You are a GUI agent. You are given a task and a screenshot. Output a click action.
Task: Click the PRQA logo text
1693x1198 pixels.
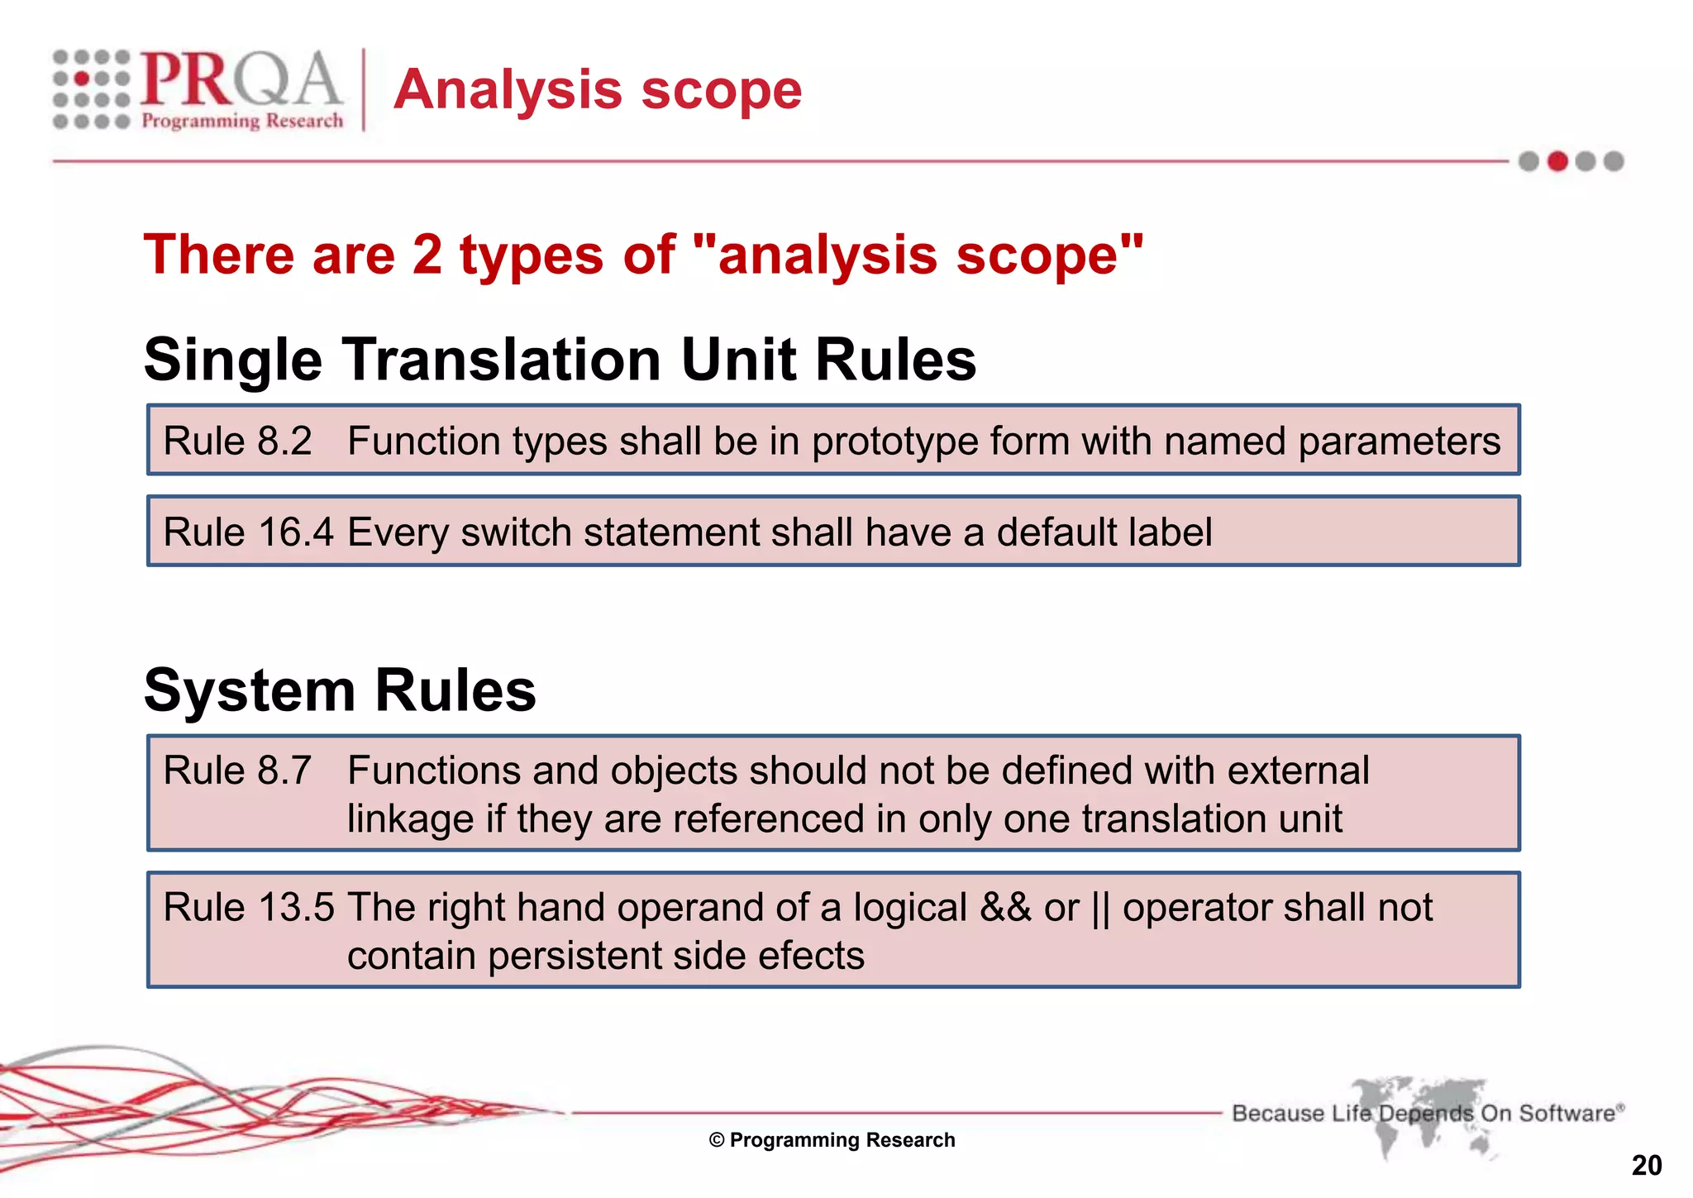[x=240, y=79]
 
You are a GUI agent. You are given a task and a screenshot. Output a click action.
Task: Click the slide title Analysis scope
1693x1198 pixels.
[x=597, y=89]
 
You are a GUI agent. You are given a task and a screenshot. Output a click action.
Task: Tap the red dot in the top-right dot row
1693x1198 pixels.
[x=1557, y=161]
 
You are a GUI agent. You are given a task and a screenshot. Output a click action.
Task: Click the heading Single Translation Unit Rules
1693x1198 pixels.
[x=560, y=360]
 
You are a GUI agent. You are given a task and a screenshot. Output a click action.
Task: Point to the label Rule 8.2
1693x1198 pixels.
[x=237, y=441]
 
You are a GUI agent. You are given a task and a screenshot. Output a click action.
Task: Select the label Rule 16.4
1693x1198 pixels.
[x=248, y=532]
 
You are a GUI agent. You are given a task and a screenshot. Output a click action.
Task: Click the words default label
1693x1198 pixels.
[x=1104, y=532]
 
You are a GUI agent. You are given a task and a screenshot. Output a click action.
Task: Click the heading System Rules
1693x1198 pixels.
[x=340, y=690]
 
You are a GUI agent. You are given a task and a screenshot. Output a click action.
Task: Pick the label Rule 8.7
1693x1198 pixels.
[x=237, y=771]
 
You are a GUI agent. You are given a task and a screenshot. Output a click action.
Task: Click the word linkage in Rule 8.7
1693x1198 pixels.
[x=409, y=819]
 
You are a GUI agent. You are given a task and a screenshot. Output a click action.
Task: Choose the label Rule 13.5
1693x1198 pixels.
[x=248, y=908]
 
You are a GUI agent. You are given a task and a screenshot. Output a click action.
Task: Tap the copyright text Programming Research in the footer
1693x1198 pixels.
[x=832, y=1140]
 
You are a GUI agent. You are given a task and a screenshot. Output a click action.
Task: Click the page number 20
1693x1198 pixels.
[x=1646, y=1166]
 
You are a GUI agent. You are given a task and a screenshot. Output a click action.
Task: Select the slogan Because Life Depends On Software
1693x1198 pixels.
[x=1425, y=1113]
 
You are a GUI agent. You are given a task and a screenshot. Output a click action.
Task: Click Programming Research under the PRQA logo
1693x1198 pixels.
[x=242, y=121]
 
